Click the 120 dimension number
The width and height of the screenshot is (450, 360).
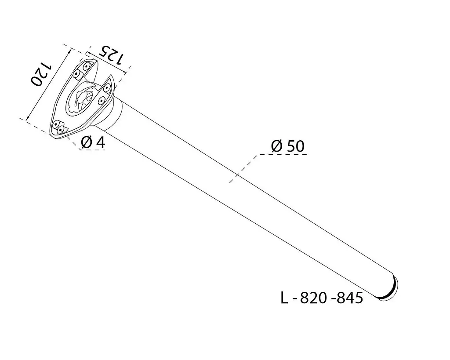click(41, 74)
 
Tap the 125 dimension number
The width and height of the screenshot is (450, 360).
click(112, 55)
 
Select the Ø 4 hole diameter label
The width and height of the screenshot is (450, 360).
click(93, 143)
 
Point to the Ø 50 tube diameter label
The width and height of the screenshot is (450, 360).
click(287, 146)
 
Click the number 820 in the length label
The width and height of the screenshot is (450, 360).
click(313, 298)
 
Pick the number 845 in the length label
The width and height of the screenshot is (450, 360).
click(349, 298)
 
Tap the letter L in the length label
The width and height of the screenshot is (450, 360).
click(284, 298)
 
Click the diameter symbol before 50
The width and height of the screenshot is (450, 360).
click(277, 146)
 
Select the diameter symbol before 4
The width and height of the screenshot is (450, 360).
click(87, 143)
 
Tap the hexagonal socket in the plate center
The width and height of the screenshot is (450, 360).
click(85, 99)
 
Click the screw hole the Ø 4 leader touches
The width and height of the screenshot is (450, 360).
click(60, 131)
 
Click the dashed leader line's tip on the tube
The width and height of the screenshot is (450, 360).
click(230, 182)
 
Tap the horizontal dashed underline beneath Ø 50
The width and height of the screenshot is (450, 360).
click(283, 155)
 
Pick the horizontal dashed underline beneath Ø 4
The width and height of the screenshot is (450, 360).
click(93, 150)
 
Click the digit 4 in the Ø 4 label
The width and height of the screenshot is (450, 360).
click(101, 143)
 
